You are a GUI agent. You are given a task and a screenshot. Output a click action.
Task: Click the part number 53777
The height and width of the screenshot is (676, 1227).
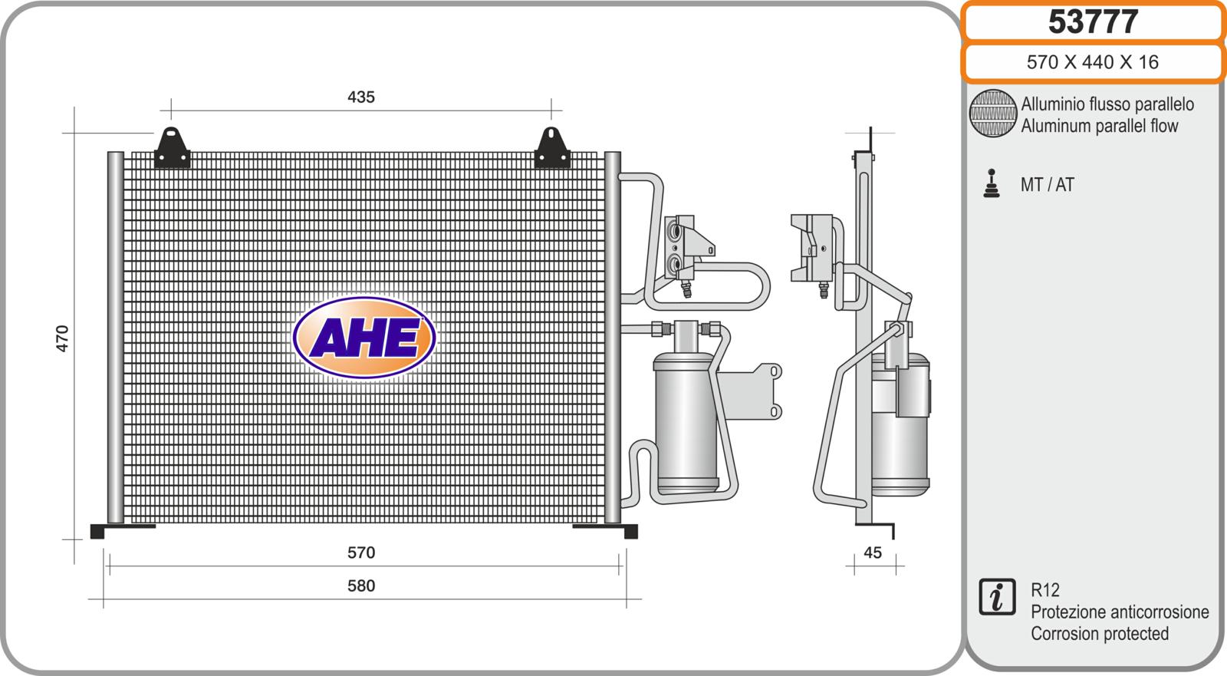(1093, 21)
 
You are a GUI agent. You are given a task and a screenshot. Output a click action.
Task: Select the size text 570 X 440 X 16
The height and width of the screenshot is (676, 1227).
(1092, 62)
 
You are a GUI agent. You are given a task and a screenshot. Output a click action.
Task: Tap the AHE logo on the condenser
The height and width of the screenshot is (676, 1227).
(364, 337)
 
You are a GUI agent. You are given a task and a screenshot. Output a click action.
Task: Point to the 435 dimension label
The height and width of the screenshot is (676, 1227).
(361, 97)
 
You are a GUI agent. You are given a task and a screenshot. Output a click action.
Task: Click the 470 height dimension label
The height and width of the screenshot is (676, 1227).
(62, 338)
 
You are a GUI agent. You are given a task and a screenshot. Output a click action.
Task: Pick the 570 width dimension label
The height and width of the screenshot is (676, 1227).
(361, 552)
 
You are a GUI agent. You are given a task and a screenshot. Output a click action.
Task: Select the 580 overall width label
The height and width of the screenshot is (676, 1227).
(361, 585)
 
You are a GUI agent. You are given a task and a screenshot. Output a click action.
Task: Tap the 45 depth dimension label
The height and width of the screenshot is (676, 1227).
(873, 552)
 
